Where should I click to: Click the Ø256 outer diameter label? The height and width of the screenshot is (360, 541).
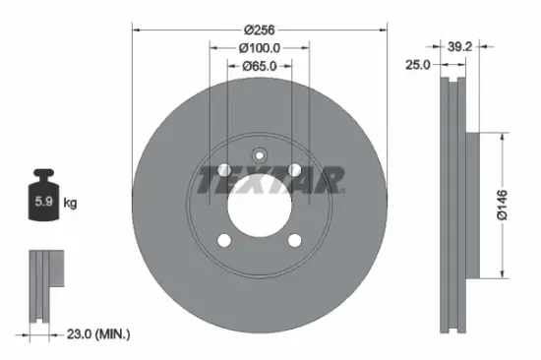click(260, 29)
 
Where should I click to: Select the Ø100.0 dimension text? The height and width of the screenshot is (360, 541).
click(260, 47)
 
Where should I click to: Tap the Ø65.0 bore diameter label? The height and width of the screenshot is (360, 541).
click(260, 66)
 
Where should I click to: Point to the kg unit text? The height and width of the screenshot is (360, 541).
click(70, 204)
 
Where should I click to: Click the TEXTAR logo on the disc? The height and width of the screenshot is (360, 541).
click(271, 180)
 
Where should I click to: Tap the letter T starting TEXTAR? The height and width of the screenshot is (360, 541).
click(207, 180)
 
